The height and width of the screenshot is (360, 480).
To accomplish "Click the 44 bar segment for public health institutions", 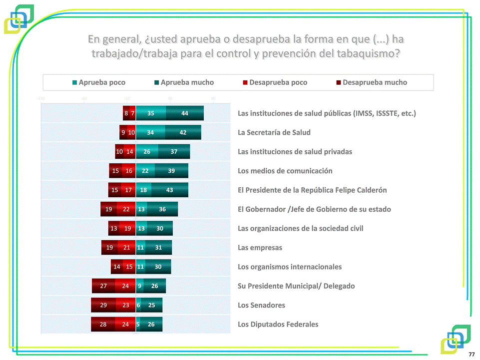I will click(x=185, y=113).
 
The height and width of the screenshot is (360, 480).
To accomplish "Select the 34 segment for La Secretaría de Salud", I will click(x=150, y=133).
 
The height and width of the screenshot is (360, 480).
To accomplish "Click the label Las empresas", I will click(x=260, y=248).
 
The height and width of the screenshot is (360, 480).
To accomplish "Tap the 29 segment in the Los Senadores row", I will click(x=103, y=305).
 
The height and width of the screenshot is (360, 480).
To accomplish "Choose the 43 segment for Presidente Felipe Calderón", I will click(x=170, y=190).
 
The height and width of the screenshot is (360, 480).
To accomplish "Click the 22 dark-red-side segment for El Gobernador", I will click(x=126, y=209).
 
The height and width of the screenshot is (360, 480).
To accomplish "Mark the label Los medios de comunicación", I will click(x=285, y=171).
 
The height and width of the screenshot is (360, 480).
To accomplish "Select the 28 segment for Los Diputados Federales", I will click(x=103, y=325).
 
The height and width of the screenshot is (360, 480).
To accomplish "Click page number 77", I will click(x=472, y=354).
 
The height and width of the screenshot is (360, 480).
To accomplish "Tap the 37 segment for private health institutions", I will click(x=174, y=152).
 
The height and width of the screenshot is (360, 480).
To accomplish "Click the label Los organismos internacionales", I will click(x=290, y=267).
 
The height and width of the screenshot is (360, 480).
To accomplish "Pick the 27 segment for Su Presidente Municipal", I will click(x=103, y=286).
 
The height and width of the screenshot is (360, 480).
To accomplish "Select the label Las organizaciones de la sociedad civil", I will click(x=300, y=228).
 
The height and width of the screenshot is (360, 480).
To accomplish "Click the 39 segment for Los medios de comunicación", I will click(x=171, y=171).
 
